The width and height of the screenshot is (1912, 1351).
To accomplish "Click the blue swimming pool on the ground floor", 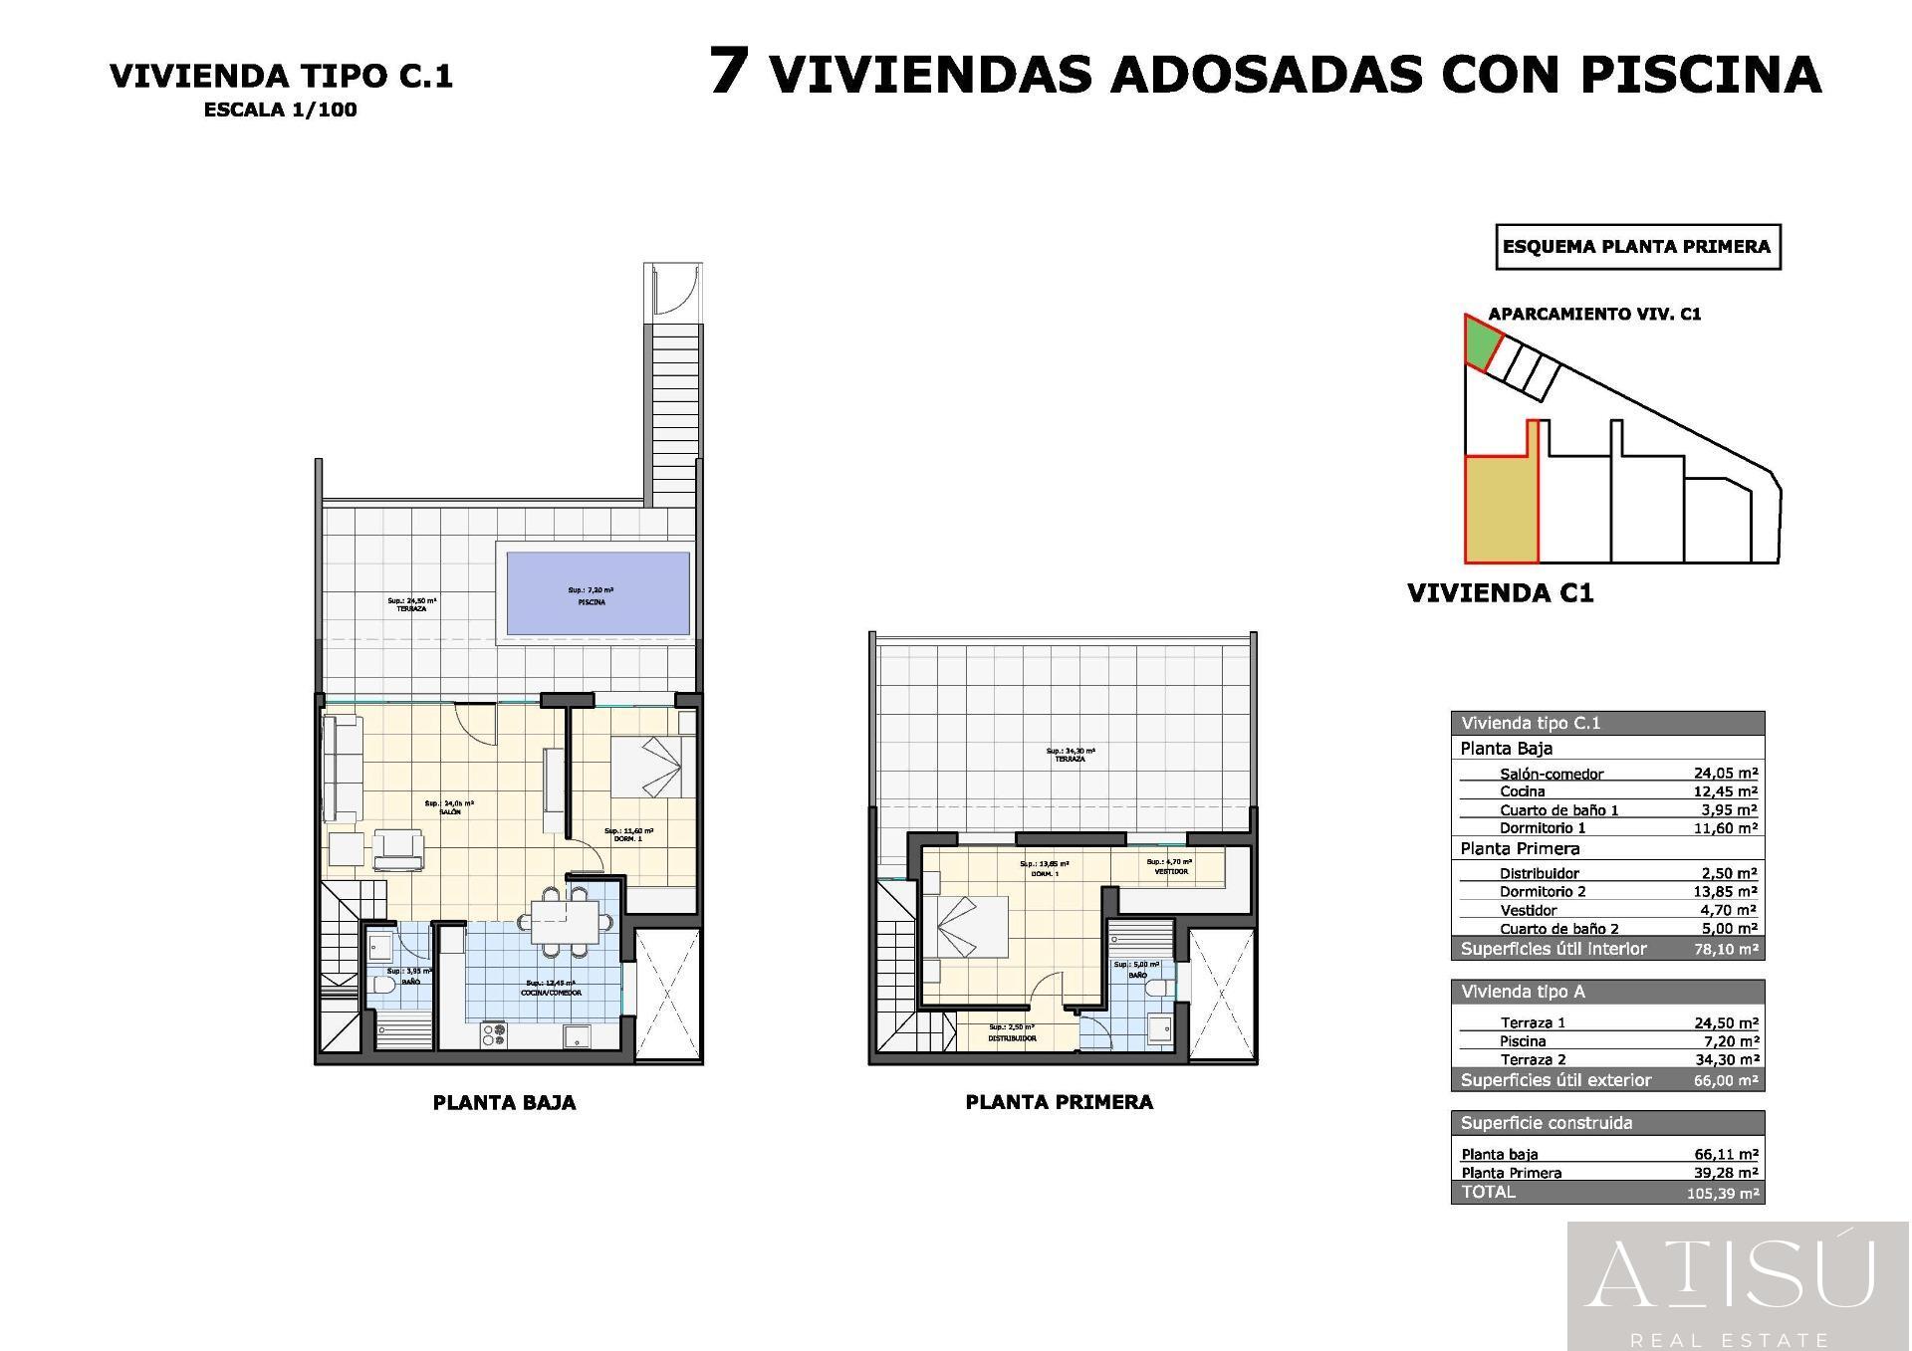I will (597, 594).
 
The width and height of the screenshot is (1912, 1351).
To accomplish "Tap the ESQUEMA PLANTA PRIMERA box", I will (1637, 247).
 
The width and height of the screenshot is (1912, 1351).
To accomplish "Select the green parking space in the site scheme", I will (1482, 344).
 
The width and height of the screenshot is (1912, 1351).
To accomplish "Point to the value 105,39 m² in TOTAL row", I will (1722, 1193).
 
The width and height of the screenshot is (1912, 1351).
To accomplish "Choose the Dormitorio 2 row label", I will (1543, 892).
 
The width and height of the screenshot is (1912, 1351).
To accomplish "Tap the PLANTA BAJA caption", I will (504, 1103).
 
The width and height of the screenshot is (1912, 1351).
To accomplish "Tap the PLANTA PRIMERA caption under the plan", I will (1059, 1102).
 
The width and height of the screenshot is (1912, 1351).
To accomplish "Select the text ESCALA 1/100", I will (280, 111).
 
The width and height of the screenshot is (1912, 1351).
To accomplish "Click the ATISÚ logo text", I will (1731, 1273).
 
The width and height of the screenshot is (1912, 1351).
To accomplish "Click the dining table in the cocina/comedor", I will (565, 921).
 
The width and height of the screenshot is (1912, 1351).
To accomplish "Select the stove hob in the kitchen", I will (493, 1035).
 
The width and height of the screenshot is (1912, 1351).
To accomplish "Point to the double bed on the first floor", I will (971, 926).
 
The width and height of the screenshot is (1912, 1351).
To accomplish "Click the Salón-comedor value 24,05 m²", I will (1725, 773).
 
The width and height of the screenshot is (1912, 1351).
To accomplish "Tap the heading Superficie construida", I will (1546, 1123).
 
